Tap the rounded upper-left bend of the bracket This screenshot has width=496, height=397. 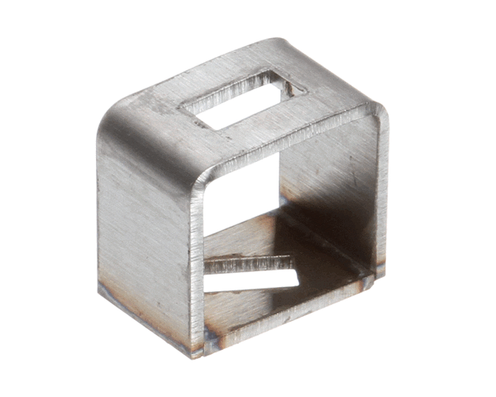click(124, 124)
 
